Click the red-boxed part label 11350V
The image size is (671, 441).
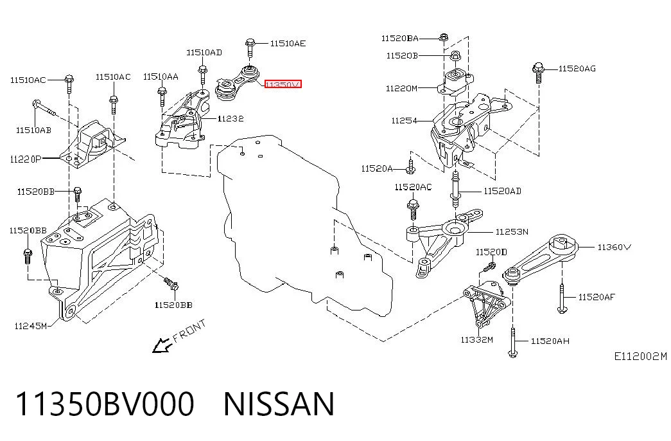(283, 84)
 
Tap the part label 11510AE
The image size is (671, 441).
(288, 43)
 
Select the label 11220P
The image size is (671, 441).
(26, 159)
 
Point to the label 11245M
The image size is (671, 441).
(31, 326)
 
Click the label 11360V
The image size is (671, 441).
(614, 247)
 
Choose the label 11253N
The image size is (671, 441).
(512, 232)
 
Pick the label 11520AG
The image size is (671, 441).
(577, 69)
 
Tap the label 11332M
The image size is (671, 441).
(476, 340)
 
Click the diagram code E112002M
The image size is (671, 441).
(641, 356)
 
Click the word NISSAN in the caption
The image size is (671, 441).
(279, 404)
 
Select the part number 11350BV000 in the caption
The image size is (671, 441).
(105, 404)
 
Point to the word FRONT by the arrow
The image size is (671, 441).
(189, 330)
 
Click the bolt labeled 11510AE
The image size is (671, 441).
(250, 49)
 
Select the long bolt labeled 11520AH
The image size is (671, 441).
(512, 342)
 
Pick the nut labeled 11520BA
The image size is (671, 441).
(444, 38)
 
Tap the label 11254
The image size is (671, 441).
(404, 121)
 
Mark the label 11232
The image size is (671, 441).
(231, 119)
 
